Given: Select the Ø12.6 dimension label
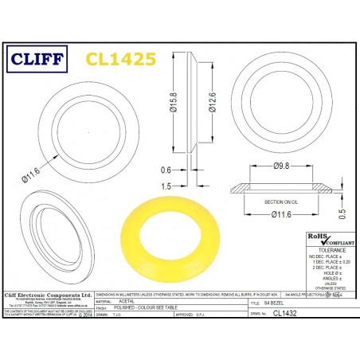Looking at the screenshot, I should [x=213, y=104].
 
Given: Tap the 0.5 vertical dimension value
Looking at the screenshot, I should [x=342, y=213].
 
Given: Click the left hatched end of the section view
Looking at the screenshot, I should [x=237, y=190].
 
